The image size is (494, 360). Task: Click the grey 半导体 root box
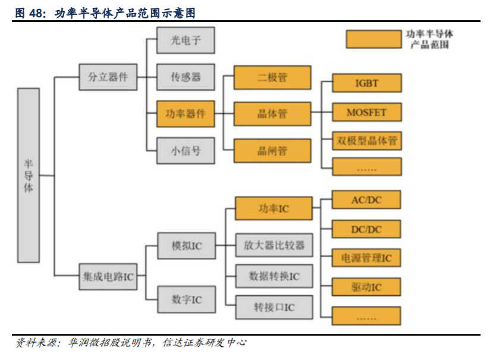[x=29, y=176]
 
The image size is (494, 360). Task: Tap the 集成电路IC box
[x=108, y=277]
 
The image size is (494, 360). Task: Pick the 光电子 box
[x=185, y=40]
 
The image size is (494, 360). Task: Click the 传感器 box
[x=185, y=77]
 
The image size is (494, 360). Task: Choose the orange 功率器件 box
[x=185, y=114]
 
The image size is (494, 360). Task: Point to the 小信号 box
[x=185, y=151]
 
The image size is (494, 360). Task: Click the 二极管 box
[x=272, y=77]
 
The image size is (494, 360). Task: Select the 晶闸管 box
[x=272, y=151]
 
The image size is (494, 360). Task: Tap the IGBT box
[x=366, y=83]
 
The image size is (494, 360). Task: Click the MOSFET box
[x=366, y=112]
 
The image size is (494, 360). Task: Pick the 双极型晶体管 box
[x=366, y=141]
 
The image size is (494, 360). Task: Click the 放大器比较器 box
[x=273, y=245]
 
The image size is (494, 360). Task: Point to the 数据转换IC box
[x=273, y=276]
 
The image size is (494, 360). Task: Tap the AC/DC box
[x=366, y=200]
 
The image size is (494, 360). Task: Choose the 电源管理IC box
[x=366, y=258]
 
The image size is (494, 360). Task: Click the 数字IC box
[x=186, y=299]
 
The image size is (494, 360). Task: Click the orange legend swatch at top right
[x=373, y=39]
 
